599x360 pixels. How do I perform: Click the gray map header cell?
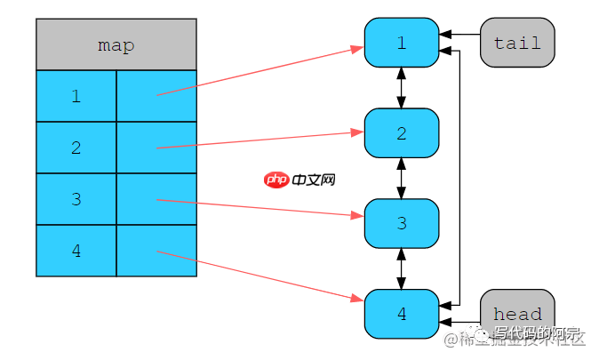point(116,44)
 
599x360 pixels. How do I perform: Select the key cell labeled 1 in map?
point(76,96)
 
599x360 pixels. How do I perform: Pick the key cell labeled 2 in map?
point(76,148)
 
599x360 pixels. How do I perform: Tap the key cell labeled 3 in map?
point(76,199)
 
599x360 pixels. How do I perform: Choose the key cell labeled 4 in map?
point(76,251)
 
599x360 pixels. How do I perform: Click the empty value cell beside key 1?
point(156,96)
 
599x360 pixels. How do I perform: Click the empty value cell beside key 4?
point(156,251)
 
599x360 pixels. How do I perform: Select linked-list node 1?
point(402,43)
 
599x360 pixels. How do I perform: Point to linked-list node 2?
point(402,133)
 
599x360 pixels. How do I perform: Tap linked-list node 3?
point(402,223)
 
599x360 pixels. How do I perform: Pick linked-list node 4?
point(402,314)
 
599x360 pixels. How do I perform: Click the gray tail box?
point(517,43)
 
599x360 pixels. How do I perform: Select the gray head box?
point(517,314)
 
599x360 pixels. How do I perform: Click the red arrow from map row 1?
point(258,71)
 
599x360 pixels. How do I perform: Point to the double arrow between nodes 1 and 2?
point(402,88)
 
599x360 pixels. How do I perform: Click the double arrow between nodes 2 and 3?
point(402,178)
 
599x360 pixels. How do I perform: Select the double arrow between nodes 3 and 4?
point(402,268)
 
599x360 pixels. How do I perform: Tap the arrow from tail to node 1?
point(460,36)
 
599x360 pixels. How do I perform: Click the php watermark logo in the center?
point(277,180)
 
